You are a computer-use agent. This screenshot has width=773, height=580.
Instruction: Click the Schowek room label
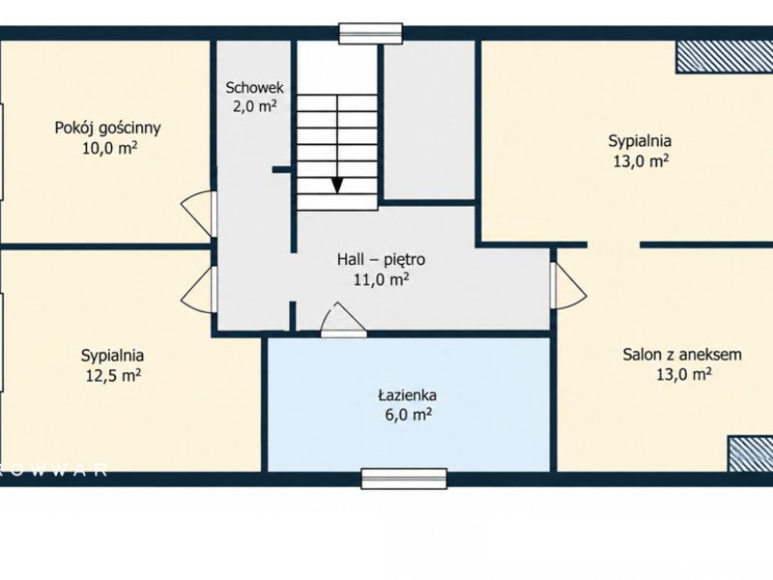(x=254, y=88)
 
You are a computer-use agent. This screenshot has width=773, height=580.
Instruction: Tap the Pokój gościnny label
(x=107, y=128)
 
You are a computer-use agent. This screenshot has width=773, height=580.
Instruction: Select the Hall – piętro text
(x=381, y=259)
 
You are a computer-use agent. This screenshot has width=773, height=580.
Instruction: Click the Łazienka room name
(x=407, y=394)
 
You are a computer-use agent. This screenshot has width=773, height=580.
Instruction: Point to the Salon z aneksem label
(x=682, y=354)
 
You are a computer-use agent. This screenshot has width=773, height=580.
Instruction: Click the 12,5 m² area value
(x=114, y=376)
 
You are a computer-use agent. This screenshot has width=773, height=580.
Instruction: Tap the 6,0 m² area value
(x=408, y=415)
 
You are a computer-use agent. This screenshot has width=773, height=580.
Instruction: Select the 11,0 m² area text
(x=381, y=279)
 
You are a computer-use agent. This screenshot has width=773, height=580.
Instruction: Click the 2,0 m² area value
(x=254, y=106)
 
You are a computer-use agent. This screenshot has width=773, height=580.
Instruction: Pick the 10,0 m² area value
(x=109, y=148)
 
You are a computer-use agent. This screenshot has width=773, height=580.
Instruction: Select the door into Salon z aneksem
(x=569, y=285)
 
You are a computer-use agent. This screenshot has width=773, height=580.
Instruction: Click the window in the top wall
(x=371, y=34)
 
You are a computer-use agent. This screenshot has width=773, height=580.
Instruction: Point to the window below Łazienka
(x=404, y=478)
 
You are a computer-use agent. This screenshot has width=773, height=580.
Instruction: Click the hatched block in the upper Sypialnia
(x=724, y=57)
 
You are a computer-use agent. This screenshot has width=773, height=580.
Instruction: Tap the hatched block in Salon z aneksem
(x=751, y=453)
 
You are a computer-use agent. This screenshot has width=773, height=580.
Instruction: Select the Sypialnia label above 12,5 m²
(x=112, y=355)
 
